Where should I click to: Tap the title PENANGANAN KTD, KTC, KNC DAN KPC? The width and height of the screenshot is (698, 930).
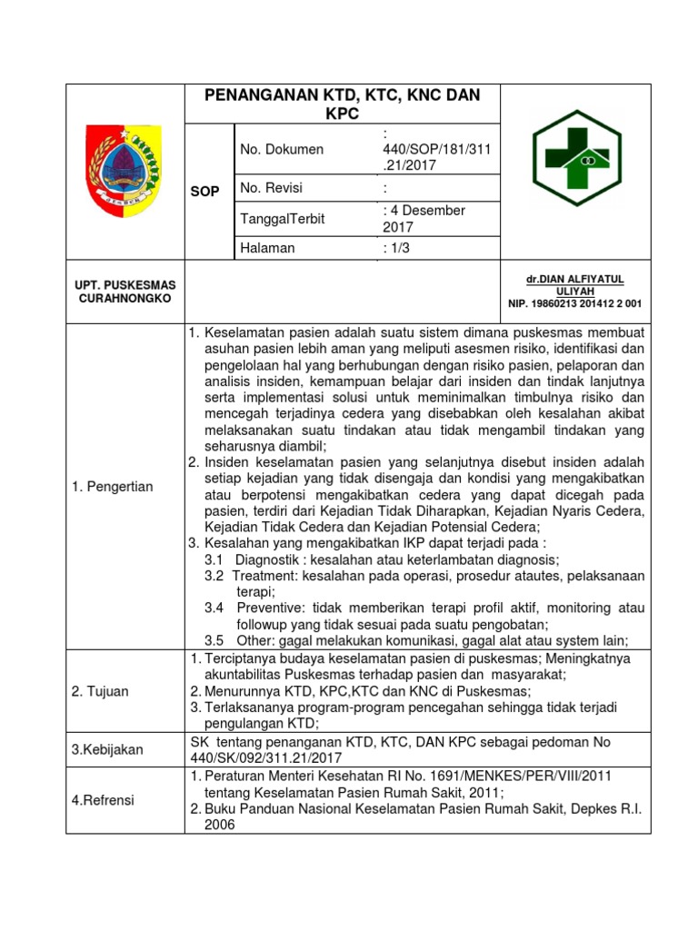coord(342,104)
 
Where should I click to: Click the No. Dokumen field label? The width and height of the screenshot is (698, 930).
coord(281,149)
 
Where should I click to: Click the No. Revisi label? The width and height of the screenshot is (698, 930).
coord(271,188)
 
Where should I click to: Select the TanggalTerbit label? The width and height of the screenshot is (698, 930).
coord(282,219)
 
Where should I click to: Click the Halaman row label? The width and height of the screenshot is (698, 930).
coord(267,249)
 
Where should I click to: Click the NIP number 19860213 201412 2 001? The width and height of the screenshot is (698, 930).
coord(575,304)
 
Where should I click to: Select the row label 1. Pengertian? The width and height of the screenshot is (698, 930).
coord(113,487)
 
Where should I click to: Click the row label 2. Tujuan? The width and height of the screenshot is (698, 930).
coord(100,691)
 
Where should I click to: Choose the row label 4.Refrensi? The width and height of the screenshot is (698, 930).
coord(103,800)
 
